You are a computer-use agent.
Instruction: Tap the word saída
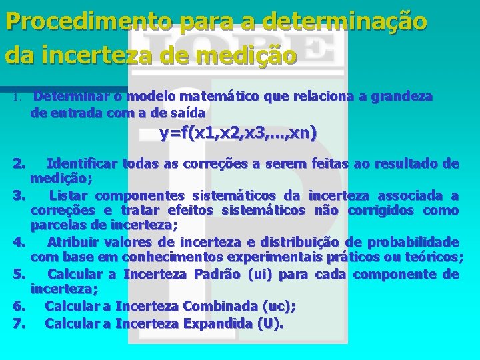click(189, 113)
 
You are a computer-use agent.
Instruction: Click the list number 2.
click(19, 163)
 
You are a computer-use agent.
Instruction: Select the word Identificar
click(83, 163)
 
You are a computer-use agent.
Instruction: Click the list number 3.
click(19, 195)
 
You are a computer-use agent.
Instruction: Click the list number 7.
click(19, 324)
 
